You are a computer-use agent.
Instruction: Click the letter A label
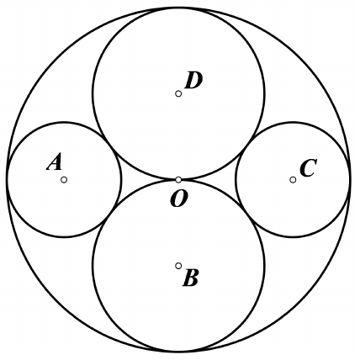coord(55,163)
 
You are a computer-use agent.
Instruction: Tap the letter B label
coord(191,278)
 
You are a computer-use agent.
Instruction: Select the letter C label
coord(309,168)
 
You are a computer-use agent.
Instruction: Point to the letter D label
coord(193,81)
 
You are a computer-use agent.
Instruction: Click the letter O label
coord(179,199)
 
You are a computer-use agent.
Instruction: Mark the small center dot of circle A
coord(64,180)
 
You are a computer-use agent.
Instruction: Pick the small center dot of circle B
coord(178,266)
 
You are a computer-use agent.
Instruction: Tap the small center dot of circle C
coord(293,180)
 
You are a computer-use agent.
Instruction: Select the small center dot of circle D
coord(178,93)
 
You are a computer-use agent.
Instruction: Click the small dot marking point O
coord(178,180)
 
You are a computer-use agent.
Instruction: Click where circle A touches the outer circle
coord(7,180)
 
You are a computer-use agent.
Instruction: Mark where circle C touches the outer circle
coord(350,180)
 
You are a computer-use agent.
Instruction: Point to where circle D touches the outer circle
coord(178,8)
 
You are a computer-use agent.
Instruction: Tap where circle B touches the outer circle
coord(178,351)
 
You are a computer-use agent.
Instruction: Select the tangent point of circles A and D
coord(109,146)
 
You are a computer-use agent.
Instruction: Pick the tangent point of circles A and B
coord(109,214)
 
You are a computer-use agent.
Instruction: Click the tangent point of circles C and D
coord(247,146)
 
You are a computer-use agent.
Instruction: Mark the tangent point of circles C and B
coord(247,214)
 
